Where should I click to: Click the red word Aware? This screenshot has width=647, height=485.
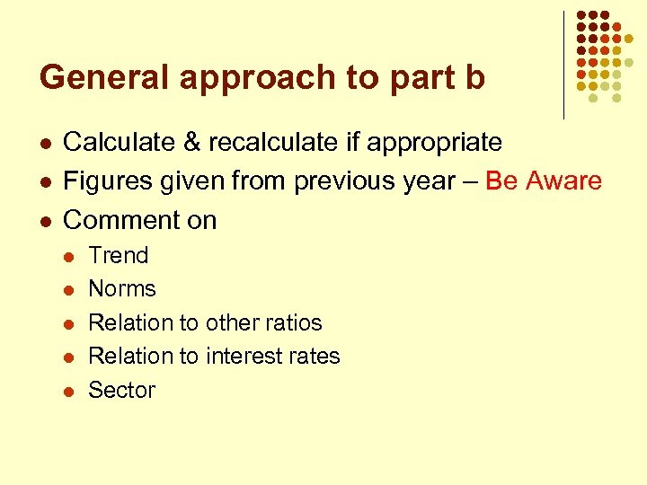click(563, 181)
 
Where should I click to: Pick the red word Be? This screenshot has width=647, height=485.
click(501, 181)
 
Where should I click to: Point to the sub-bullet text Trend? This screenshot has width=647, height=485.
click(118, 255)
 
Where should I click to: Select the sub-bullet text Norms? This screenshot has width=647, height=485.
click(121, 289)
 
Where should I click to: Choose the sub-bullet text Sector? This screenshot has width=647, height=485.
click(121, 391)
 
